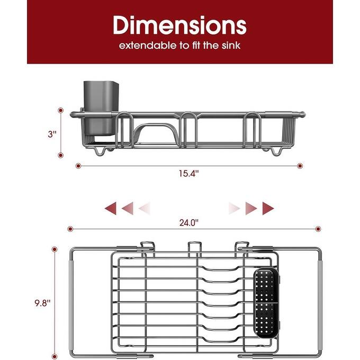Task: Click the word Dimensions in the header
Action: coord(179,25)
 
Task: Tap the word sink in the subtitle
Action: coord(230,46)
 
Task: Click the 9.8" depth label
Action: coord(42,303)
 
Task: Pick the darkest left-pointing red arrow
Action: coord(111,208)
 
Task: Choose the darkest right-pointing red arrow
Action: coord(269,208)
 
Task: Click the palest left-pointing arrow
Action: coord(145,208)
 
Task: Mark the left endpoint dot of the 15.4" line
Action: coord(78,166)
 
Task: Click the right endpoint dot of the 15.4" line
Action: coord(301,166)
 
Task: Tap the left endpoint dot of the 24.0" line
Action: coord(70,229)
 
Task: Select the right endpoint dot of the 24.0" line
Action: coord(318,229)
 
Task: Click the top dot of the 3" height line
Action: coord(60,111)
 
